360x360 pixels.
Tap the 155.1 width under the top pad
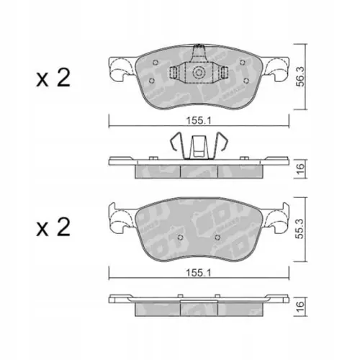(x=199, y=120)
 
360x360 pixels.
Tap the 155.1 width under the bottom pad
(x=199, y=272)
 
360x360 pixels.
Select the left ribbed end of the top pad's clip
(x=176, y=74)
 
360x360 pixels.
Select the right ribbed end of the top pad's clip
(x=223, y=74)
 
